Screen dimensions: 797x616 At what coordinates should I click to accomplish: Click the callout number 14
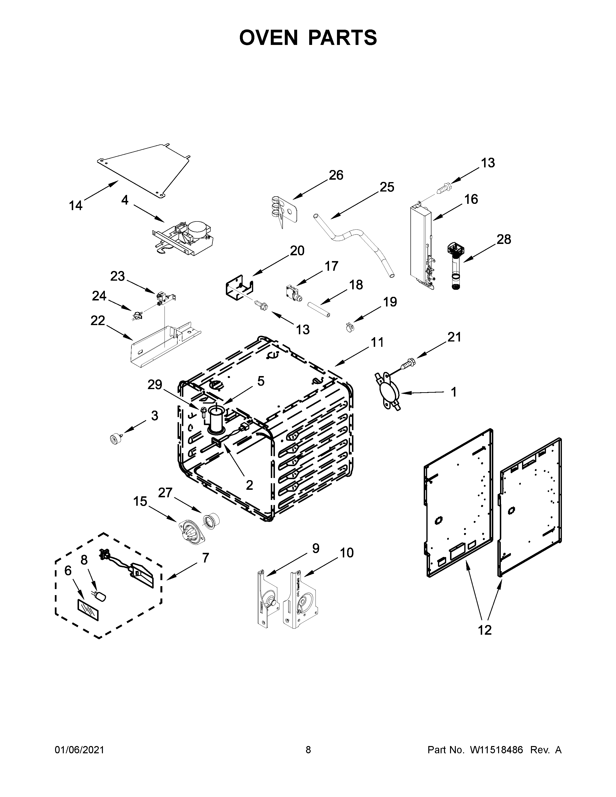(x=76, y=206)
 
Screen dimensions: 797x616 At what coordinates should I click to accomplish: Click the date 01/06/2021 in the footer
(x=79, y=750)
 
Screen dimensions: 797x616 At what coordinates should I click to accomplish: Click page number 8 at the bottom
(x=308, y=750)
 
